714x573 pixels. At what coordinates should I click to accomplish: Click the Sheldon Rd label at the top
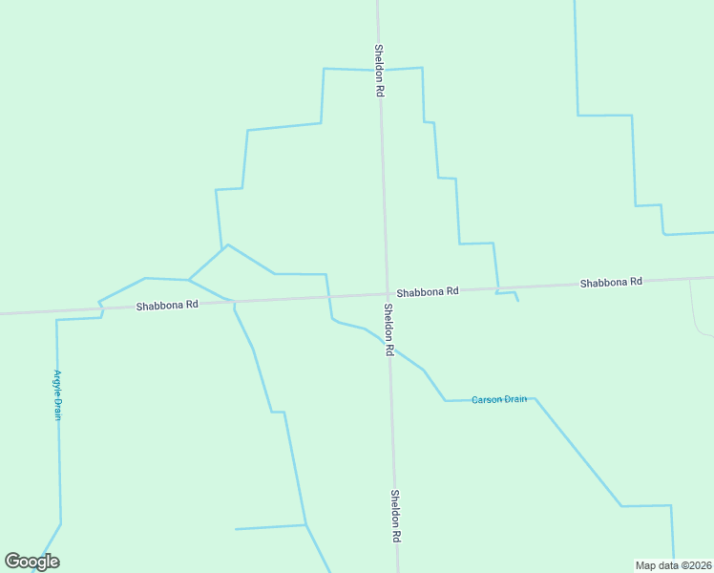pos(379,70)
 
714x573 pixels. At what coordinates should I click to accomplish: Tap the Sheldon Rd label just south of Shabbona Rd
pos(389,329)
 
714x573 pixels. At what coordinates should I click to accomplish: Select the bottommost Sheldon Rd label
pos(394,517)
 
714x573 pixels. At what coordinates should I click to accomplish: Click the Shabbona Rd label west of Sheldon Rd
pos(167,306)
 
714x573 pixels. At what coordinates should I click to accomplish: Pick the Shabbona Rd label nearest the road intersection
pos(428,290)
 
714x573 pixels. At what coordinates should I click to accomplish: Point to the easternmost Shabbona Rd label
pos(611,283)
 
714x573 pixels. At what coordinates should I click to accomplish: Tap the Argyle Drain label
pos(57,395)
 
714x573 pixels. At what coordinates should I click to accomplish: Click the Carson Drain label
pos(499,399)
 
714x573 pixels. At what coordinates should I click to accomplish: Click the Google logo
pos(31,562)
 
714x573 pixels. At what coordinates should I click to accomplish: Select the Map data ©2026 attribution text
pos(673,565)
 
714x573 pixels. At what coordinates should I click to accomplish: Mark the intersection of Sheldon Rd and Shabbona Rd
pos(387,294)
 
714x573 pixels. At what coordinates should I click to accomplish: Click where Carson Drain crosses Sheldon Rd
pos(390,347)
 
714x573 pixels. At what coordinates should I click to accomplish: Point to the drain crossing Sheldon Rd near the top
pos(380,70)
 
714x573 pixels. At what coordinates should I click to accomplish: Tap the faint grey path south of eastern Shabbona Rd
pos(695,310)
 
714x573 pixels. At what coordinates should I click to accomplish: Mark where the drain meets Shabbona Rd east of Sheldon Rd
pos(497,287)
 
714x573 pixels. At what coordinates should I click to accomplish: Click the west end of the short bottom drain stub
pos(236,528)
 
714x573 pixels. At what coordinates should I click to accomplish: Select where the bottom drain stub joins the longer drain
pos(305,524)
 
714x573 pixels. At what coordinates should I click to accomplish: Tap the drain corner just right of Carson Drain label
pos(535,398)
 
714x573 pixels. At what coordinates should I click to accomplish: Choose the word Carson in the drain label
pos(487,399)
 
